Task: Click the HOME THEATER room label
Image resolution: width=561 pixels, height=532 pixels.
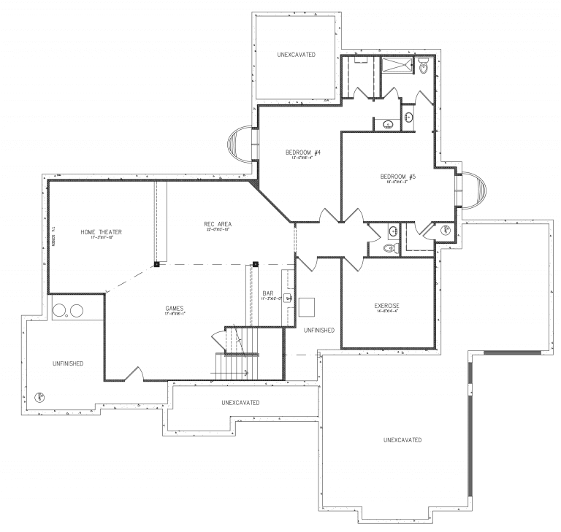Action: click(101, 232)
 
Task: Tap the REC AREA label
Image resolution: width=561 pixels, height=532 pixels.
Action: click(218, 223)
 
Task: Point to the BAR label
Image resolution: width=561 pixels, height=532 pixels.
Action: click(268, 292)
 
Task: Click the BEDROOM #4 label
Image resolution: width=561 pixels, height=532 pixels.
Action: click(303, 153)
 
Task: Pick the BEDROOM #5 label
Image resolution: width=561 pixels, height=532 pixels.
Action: click(398, 176)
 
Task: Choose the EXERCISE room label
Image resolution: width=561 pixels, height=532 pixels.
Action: click(386, 305)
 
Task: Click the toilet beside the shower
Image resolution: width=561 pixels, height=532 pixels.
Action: click(424, 68)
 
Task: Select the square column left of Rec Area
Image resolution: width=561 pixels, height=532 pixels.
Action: click(156, 265)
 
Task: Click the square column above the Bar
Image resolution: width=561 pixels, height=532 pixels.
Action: click(256, 264)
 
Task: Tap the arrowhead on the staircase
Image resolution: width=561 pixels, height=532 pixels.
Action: click(247, 374)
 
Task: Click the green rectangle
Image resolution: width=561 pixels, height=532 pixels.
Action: click(519, 445)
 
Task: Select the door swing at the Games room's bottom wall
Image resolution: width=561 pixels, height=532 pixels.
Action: click(133, 374)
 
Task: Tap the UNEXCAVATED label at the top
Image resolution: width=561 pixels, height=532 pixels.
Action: click(296, 55)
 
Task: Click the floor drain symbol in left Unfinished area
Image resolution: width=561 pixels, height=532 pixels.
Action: click(39, 398)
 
